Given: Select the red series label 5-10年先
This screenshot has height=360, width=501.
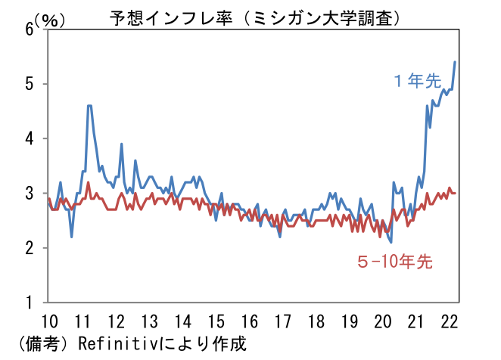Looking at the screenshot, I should coord(394,262).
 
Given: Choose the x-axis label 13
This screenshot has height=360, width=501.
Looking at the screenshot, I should coord(150,319).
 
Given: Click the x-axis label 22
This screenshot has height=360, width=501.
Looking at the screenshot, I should coord(449,319).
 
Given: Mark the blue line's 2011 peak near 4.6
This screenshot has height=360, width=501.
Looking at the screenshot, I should coord(89,106).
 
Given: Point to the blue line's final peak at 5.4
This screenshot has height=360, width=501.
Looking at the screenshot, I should coord(454,62).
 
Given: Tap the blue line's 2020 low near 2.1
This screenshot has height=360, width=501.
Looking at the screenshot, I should coord(391,242).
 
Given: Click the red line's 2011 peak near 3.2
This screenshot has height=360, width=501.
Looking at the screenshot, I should coord(88,182).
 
